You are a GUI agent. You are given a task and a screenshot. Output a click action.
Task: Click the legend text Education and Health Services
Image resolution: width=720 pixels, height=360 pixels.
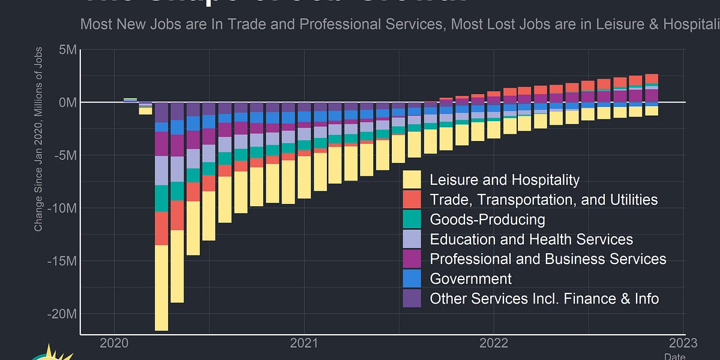point(531,239)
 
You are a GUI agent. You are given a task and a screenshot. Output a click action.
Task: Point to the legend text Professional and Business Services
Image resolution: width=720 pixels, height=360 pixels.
point(548,259)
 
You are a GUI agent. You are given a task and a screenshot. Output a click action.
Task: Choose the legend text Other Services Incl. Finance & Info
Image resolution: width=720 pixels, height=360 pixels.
point(544,298)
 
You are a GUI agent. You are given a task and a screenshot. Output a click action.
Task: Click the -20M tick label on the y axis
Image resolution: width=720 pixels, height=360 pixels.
point(62,314)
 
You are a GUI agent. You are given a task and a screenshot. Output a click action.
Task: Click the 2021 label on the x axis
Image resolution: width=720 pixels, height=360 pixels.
point(304,343)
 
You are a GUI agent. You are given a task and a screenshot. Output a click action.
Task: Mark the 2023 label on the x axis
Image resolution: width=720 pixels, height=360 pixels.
point(683,343)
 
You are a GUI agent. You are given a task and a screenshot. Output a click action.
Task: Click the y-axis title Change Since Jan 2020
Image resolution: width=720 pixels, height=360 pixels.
point(38,139)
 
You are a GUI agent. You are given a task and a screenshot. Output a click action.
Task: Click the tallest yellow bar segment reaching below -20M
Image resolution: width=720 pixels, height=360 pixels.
point(161,288)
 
